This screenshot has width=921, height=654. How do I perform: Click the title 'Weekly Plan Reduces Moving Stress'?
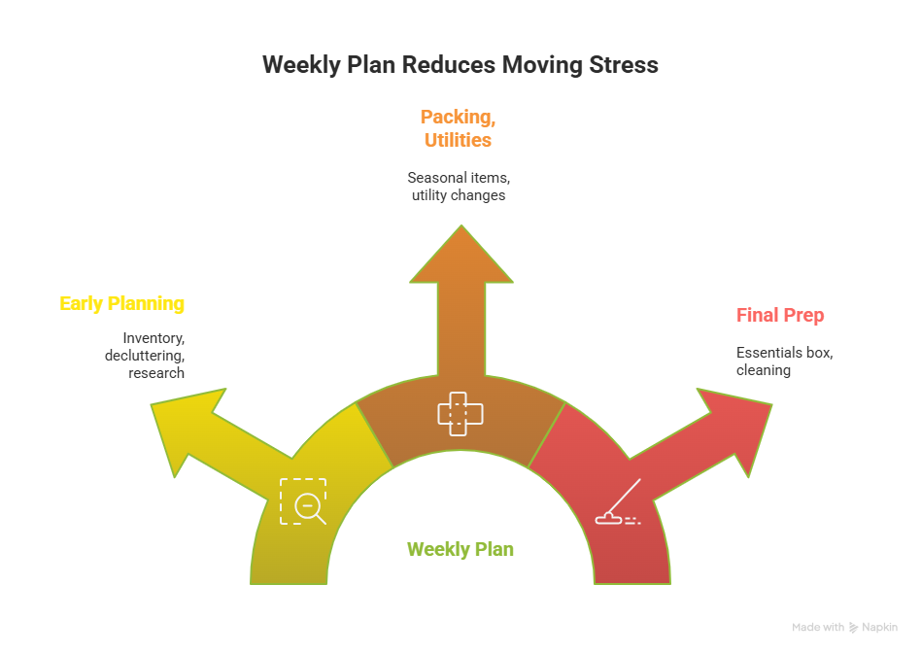460,65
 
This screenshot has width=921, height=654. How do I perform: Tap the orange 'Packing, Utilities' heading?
458,128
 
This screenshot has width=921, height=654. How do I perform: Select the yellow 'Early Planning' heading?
121,303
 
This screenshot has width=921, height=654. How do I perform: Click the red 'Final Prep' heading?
780,315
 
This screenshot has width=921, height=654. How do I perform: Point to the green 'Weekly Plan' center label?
460,549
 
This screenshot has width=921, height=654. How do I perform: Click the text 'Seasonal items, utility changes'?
458,187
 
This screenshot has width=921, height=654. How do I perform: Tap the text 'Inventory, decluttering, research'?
146,355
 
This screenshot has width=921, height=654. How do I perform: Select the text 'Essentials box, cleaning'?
784,361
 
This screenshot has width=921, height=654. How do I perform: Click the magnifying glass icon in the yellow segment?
304,501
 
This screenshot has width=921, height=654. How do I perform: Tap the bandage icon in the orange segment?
460,414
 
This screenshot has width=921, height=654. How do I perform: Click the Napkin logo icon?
853,628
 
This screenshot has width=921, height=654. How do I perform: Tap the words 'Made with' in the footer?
817,628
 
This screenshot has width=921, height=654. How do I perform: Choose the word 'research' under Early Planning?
156,373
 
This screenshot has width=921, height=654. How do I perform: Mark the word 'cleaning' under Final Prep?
763,370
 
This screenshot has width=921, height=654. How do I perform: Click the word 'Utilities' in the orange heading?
458,140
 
